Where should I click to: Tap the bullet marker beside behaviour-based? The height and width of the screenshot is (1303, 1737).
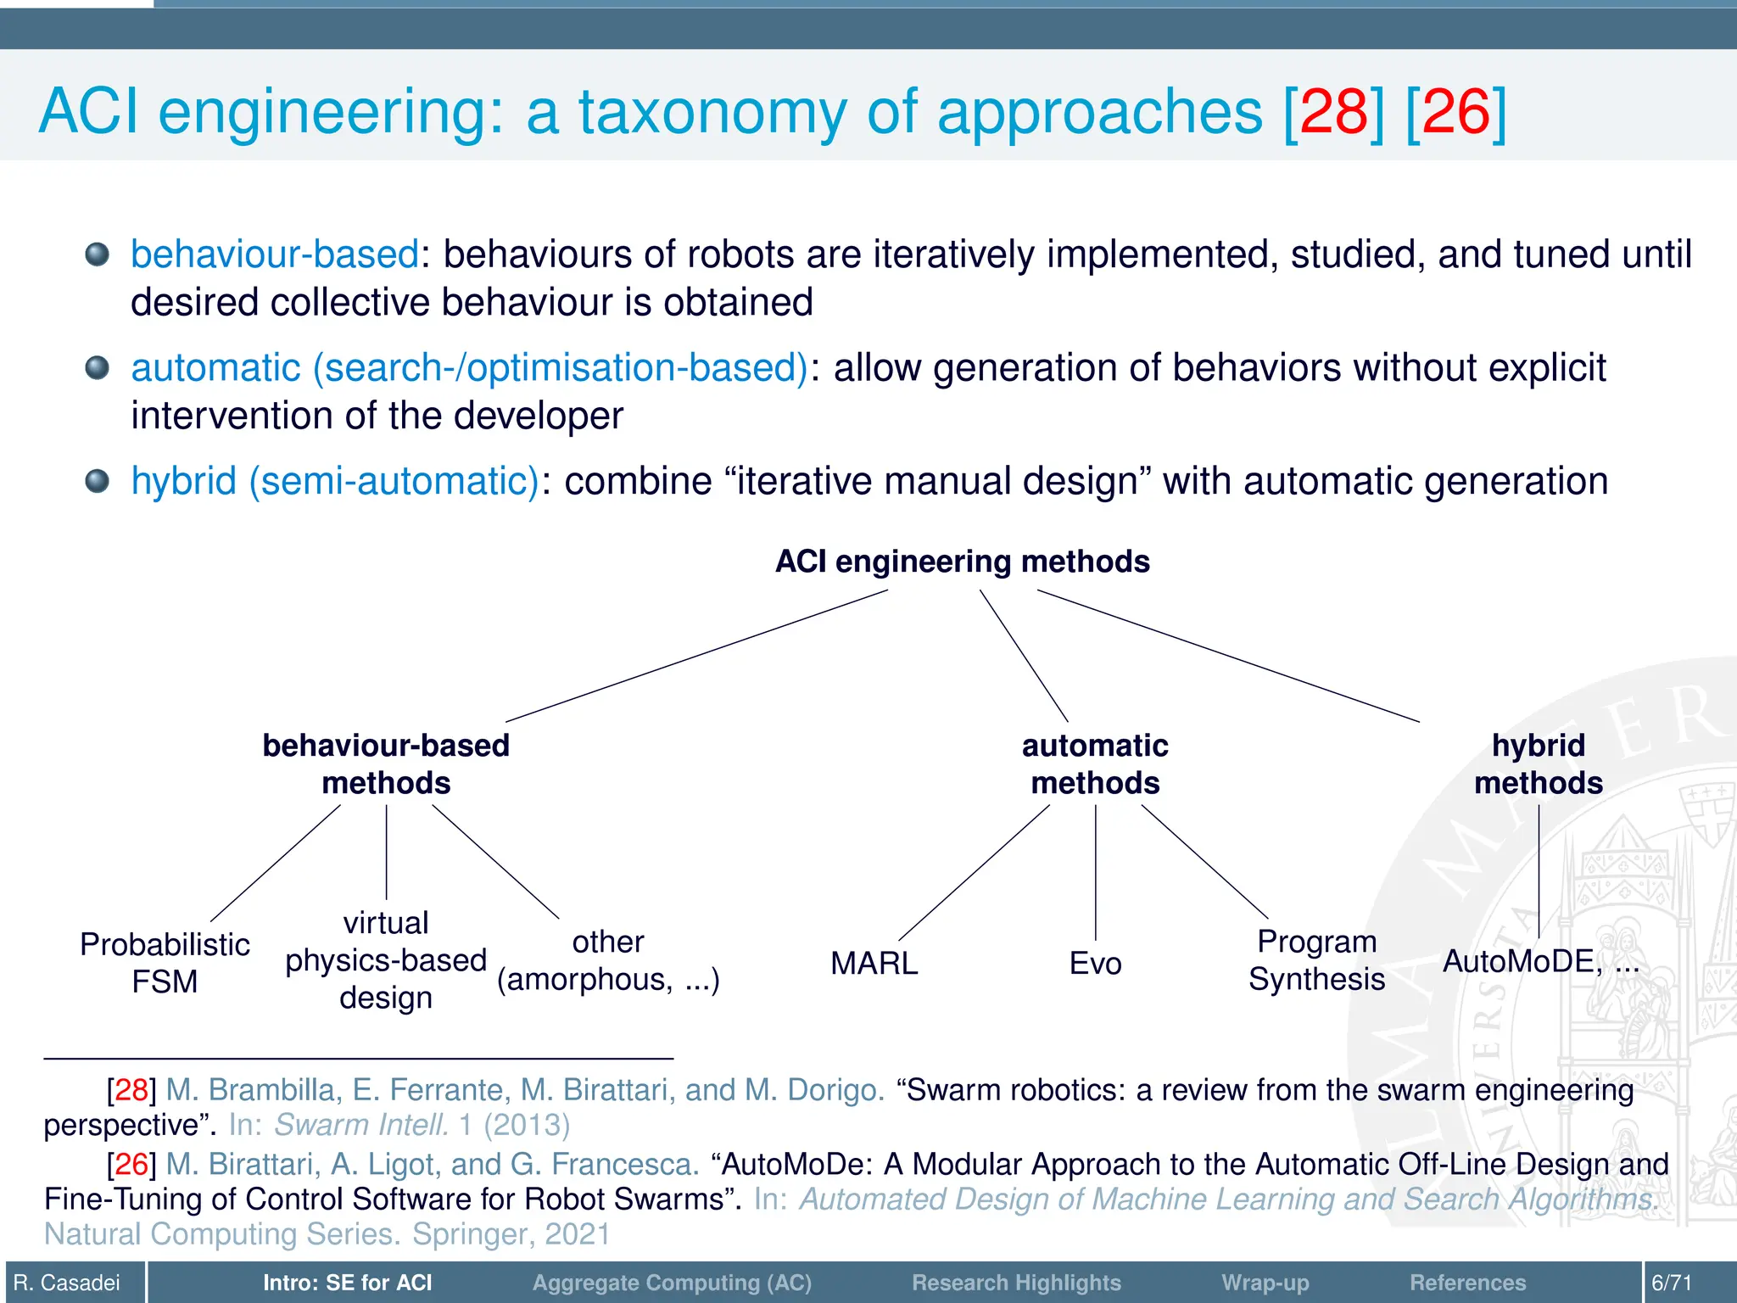click(98, 254)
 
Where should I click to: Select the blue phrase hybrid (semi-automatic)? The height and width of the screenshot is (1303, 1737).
click(335, 481)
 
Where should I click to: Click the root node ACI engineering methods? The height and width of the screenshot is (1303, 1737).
click(962, 562)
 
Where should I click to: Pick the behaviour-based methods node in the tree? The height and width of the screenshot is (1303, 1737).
click(386, 763)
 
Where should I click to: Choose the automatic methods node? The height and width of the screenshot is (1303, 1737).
click(1095, 763)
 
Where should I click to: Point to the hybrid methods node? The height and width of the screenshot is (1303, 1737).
click(1539, 763)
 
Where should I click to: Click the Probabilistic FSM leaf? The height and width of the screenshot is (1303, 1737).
click(165, 963)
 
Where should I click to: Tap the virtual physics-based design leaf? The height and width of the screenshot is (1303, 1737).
click(386, 960)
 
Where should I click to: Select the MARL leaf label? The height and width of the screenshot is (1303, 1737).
click(874, 964)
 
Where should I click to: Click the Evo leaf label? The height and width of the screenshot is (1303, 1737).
click(1095, 964)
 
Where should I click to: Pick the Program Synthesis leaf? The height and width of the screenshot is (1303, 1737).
click(1316, 960)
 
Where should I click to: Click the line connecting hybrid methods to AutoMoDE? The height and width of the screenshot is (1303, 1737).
click(1539, 870)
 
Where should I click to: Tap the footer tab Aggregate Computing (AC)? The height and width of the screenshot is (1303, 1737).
click(672, 1283)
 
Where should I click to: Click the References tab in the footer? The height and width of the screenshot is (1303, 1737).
click(1467, 1283)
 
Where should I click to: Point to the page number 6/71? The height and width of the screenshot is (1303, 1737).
click(1672, 1283)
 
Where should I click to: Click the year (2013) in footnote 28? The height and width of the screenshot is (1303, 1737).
click(527, 1125)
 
